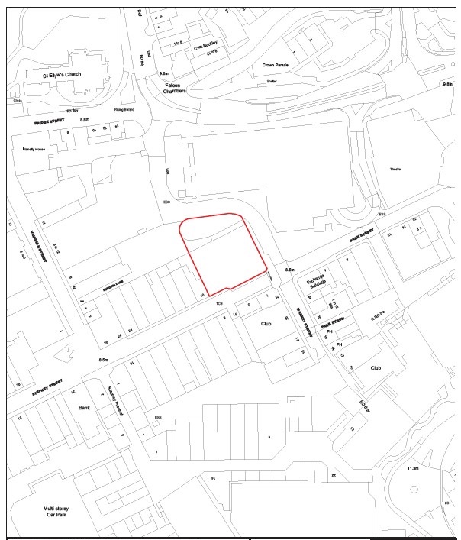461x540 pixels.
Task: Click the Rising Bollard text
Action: (x=124, y=110)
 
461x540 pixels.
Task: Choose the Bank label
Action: (x=85, y=409)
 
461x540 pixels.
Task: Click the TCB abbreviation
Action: (x=220, y=306)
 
